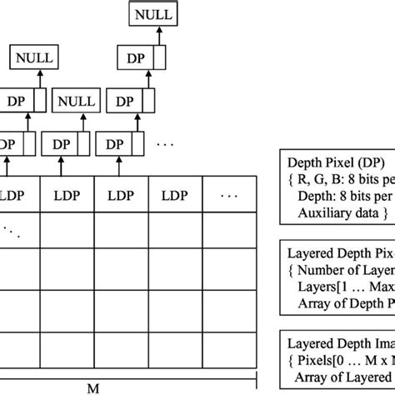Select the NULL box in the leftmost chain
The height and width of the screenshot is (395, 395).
[32, 58]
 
